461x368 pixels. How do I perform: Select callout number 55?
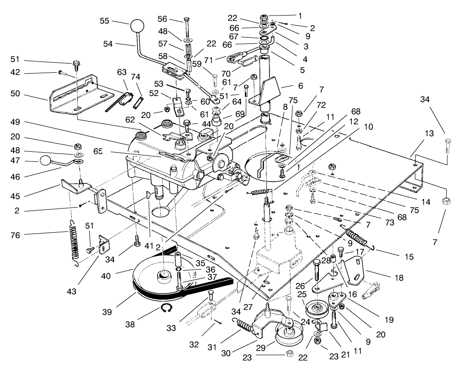[105, 21]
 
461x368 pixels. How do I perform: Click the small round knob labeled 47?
[46, 160]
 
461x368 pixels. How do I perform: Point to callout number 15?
[408, 257]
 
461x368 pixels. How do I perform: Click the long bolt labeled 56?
[187, 27]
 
